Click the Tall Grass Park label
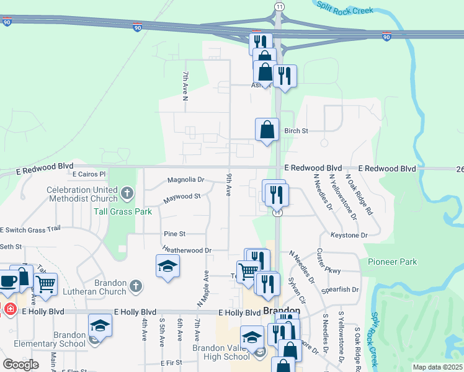point(123,211)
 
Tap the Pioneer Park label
point(392,262)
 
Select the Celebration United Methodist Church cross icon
point(127,193)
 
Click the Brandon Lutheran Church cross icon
point(136,286)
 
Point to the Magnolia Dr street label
point(185,180)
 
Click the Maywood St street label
point(182,198)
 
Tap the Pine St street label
point(174,234)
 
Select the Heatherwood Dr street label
point(187,250)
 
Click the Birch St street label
point(296,131)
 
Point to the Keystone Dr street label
point(349,236)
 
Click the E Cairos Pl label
point(89,174)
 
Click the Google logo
point(20,364)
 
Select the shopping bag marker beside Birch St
point(267,130)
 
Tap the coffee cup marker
point(9,281)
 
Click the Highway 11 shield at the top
point(280,6)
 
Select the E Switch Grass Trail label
point(30,229)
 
